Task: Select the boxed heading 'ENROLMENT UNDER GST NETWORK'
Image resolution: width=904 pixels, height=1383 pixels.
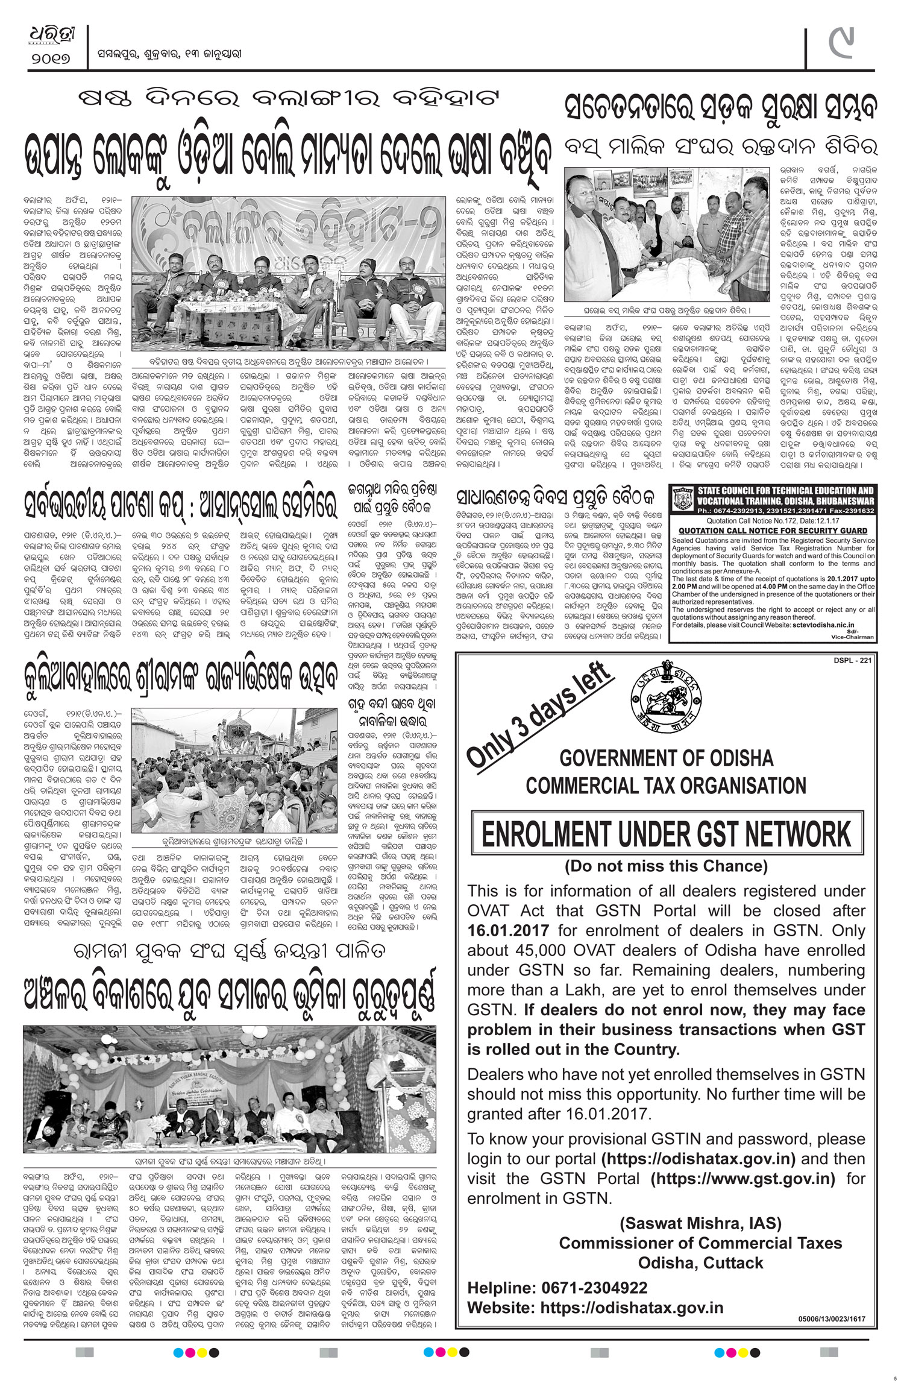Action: coord(667,834)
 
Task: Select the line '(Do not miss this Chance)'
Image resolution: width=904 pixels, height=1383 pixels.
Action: coord(666,866)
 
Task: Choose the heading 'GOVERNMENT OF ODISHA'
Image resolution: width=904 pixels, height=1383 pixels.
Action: coord(667,757)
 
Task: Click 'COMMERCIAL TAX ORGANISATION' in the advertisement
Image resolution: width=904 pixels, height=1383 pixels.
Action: coord(666,786)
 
